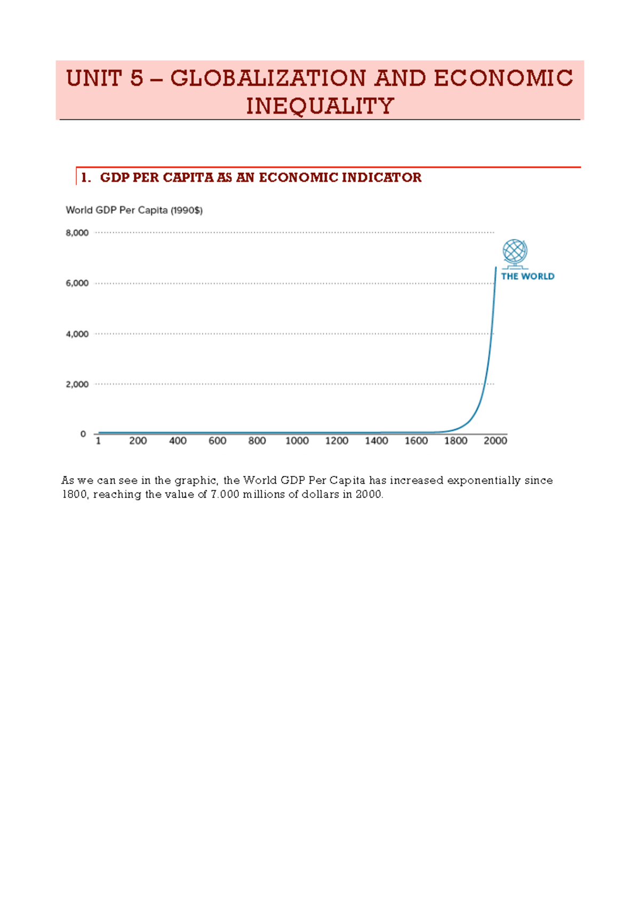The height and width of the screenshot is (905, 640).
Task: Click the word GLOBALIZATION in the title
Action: (268, 78)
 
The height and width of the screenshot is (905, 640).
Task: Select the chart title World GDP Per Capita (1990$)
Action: (134, 210)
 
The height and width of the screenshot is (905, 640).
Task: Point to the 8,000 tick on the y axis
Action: (77, 233)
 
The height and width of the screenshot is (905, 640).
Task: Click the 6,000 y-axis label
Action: (77, 283)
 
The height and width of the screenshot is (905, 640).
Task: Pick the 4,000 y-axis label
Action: (77, 334)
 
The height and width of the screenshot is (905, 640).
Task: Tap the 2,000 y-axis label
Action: (77, 384)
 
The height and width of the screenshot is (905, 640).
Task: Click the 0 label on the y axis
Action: (83, 434)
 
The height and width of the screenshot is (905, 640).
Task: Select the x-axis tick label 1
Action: (98, 441)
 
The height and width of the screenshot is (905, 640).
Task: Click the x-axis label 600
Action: (217, 441)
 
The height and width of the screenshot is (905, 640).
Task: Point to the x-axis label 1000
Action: (297, 441)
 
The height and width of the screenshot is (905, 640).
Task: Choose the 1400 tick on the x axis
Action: (376, 441)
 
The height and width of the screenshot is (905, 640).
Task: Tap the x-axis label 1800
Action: (455, 441)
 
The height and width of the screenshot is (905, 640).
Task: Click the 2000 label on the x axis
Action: (495, 441)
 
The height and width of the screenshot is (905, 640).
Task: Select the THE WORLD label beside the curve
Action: (527, 276)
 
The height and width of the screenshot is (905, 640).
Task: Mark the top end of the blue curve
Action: (496, 268)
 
